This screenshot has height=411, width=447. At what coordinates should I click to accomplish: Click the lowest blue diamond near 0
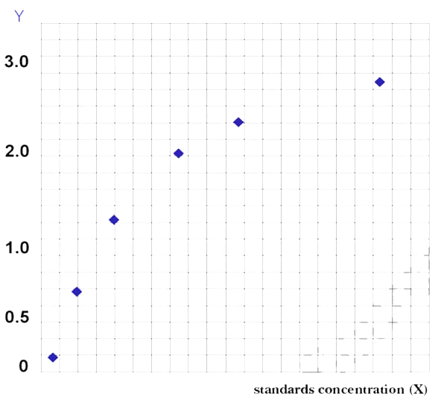(53, 357)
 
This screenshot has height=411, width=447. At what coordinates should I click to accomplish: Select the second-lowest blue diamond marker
(76, 291)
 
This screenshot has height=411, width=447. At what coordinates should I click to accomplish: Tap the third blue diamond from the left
(114, 220)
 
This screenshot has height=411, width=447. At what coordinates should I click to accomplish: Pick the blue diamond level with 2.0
(178, 153)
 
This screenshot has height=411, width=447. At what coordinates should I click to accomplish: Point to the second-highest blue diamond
(238, 122)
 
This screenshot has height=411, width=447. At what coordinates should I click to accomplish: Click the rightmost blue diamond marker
(380, 82)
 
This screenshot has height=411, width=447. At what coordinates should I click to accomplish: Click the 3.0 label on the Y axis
(16, 62)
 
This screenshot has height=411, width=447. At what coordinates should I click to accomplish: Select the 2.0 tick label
(16, 152)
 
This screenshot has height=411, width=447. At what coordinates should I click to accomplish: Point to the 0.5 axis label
(16, 318)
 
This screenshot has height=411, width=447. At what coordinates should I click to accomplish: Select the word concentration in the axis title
(362, 390)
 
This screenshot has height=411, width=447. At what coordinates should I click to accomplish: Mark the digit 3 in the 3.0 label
(9, 62)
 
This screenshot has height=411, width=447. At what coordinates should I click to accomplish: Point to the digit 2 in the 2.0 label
(9, 152)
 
